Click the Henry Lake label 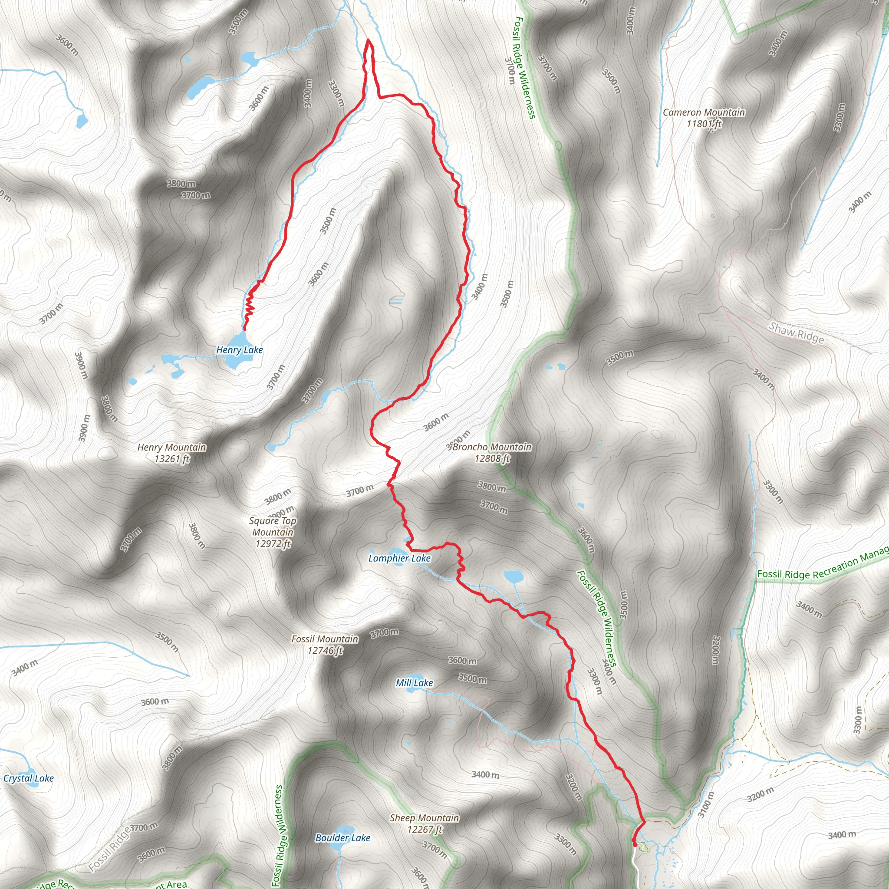click(239, 350)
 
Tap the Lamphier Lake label click(399, 558)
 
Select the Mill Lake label click(414, 683)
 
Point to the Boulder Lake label click(343, 837)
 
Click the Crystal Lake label click(29, 778)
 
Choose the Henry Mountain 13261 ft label click(171, 453)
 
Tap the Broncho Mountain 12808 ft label click(492, 452)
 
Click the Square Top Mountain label click(273, 532)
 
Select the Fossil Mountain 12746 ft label click(325, 644)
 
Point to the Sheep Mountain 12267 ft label click(424, 823)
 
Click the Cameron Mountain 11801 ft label click(704, 118)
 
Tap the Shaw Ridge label click(797, 333)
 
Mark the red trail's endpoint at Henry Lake click(244, 329)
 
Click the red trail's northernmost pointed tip click(368, 40)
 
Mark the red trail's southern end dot click(635, 844)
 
